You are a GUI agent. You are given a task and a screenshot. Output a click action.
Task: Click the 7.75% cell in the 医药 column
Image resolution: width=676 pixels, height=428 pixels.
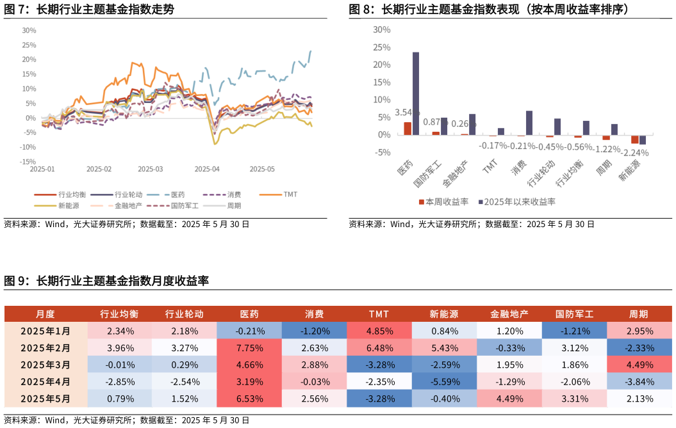(249, 349)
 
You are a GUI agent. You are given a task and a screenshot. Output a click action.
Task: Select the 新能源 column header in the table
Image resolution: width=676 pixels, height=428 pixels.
(444, 314)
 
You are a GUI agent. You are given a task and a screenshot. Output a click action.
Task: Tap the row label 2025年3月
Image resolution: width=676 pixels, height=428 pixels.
(45, 365)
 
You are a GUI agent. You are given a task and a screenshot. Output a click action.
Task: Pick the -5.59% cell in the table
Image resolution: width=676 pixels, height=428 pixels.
(444, 382)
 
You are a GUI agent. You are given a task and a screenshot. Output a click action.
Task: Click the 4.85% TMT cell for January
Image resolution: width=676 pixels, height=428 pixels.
(379, 331)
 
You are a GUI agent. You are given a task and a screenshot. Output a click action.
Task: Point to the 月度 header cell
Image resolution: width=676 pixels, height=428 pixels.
(45, 314)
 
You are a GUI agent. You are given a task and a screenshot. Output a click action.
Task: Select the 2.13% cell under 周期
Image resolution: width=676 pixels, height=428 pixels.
(639, 399)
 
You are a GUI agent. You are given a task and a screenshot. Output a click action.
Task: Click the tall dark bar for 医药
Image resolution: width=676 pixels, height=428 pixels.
(416, 93)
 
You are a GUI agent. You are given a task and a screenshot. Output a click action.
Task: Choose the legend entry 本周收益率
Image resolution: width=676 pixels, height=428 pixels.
(443, 202)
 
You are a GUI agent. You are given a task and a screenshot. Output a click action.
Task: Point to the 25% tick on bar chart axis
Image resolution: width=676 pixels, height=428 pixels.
(381, 47)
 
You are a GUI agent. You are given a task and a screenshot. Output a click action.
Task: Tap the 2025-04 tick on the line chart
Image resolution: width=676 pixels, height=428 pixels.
(206, 169)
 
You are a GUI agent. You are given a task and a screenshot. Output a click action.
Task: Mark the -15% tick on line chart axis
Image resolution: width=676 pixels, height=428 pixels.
(29, 162)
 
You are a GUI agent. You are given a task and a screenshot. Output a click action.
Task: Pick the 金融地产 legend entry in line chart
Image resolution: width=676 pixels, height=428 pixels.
(128, 206)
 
